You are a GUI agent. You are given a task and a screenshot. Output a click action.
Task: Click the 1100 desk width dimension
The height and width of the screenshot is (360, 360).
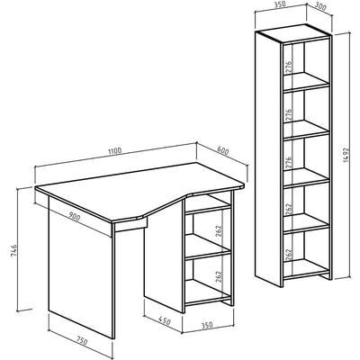[115, 150]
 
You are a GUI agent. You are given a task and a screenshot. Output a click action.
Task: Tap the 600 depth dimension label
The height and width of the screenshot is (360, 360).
[222, 151]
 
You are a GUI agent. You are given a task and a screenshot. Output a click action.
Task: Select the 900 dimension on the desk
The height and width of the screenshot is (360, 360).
[75, 216]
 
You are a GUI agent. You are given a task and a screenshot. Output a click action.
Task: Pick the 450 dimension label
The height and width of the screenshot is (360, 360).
[165, 321]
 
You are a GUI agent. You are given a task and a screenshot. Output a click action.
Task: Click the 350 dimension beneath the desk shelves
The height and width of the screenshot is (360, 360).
[207, 325]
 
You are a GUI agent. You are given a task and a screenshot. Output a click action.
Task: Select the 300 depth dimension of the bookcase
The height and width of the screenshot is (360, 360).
[320, 7]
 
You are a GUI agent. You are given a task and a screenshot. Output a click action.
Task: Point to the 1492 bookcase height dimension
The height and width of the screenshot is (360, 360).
[346, 155]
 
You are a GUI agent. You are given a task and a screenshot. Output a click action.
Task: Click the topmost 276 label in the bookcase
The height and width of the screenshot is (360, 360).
[289, 67]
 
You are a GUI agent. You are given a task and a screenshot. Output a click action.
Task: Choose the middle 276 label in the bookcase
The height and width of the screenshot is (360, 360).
[289, 115]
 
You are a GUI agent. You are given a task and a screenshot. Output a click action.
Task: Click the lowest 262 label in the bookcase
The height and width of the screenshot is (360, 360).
[289, 255]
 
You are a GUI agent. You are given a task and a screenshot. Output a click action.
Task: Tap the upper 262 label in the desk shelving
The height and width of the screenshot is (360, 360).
[219, 231]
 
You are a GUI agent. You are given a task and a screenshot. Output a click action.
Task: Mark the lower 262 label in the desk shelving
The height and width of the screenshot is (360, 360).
[219, 277]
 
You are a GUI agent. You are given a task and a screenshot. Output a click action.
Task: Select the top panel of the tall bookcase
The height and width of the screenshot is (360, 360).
[293, 33]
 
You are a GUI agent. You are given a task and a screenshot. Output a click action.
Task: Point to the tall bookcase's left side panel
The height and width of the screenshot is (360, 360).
[268, 158]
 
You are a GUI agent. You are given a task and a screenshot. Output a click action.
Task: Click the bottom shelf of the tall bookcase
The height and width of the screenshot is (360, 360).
[306, 268]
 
